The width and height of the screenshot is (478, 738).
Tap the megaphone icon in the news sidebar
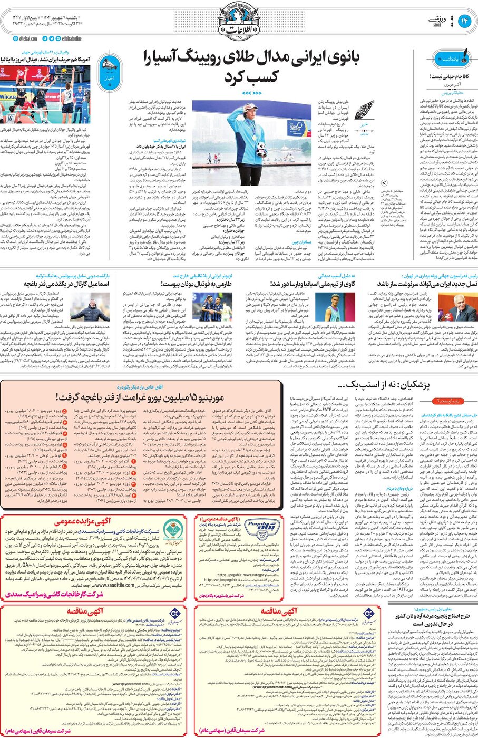(x=109, y=65)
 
